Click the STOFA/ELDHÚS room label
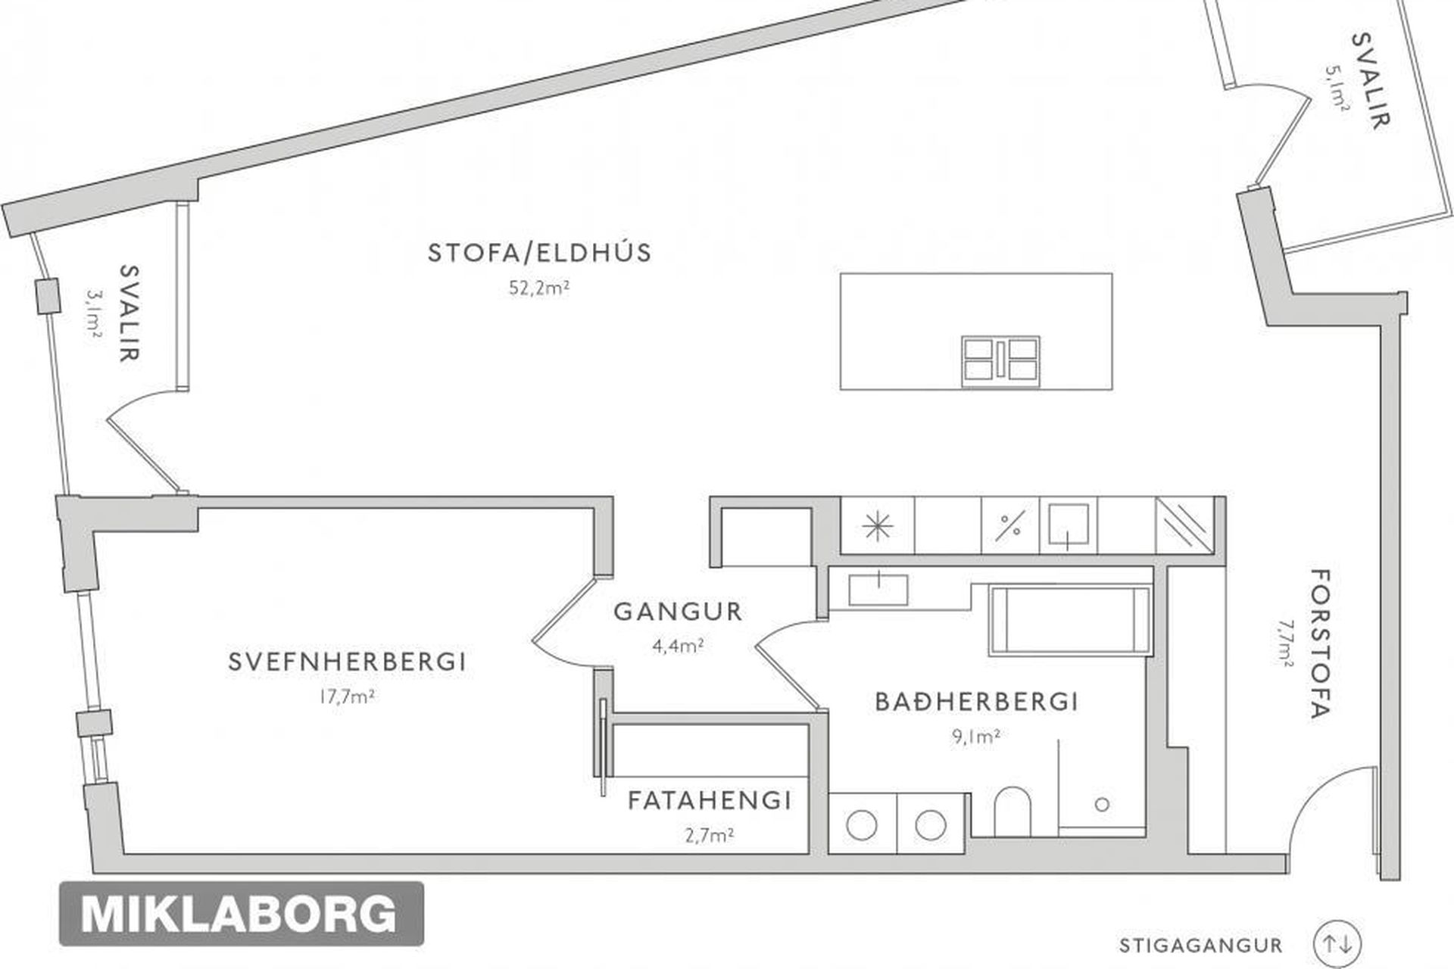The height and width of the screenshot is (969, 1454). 539,252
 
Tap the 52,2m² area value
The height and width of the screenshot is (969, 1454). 539,288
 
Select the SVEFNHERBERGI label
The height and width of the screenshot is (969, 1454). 348,662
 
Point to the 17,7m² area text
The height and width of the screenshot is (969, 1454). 347,696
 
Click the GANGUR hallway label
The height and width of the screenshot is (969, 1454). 678,611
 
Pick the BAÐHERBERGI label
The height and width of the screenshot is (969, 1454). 976,702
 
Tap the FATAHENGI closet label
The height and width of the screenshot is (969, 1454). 710,800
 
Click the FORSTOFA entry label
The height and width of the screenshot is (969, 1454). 1319,643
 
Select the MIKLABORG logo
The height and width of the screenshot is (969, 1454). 241,914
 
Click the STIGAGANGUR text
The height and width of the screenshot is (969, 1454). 1200,946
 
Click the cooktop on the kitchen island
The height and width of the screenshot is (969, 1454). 1000,358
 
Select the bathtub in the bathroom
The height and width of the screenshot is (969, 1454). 1069,620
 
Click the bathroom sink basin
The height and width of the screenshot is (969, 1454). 878,590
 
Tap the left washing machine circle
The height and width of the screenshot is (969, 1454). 862,825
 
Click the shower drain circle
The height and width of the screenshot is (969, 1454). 1103,805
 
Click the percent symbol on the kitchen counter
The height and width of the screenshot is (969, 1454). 1009,525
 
